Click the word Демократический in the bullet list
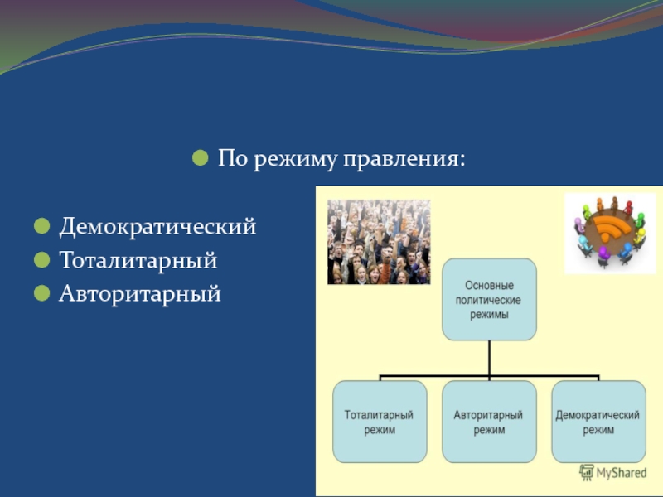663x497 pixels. pyautogui.click(x=157, y=227)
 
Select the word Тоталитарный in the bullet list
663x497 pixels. pyautogui.click(x=138, y=260)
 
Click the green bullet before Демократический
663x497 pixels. pyautogui.click(x=40, y=226)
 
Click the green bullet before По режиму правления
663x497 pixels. pyautogui.click(x=200, y=157)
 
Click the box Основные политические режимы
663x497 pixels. pyautogui.click(x=489, y=299)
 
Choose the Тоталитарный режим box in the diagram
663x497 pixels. pyautogui.click(x=380, y=422)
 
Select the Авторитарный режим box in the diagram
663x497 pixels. pyautogui.click(x=488, y=422)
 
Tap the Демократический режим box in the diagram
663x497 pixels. pyautogui.click(x=598, y=422)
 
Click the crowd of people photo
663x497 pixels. pyautogui.click(x=378, y=242)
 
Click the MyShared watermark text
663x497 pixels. pyautogui.click(x=622, y=473)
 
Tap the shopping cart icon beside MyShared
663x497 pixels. pyautogui.click(x=587, y=472)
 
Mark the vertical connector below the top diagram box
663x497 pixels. pyautogui.click(x=489, y=358)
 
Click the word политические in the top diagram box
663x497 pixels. pyautogui.click(x=489, y=299)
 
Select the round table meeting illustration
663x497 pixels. pyautogui.click(x=609, y=234)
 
